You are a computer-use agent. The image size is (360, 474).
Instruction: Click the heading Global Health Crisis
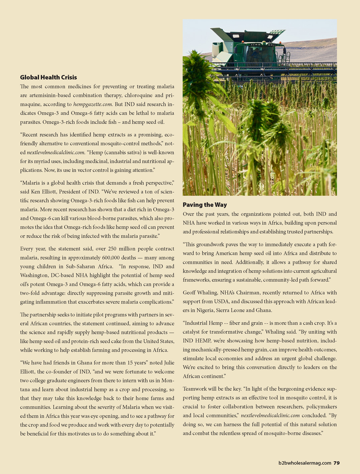point(48,77)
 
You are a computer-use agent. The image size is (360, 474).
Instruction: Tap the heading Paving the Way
point(205,205)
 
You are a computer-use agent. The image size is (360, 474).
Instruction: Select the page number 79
point(336,463)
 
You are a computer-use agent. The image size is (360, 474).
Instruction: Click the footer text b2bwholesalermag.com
point(305,463)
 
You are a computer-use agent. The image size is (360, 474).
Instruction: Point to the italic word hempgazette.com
point(93,104)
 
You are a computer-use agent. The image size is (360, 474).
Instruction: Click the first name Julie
point(169,363)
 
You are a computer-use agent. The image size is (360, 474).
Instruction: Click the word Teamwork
point(195,389)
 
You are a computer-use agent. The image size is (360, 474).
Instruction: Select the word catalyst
point(193,332)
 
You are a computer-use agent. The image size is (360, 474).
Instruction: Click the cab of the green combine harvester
point(257,53)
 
